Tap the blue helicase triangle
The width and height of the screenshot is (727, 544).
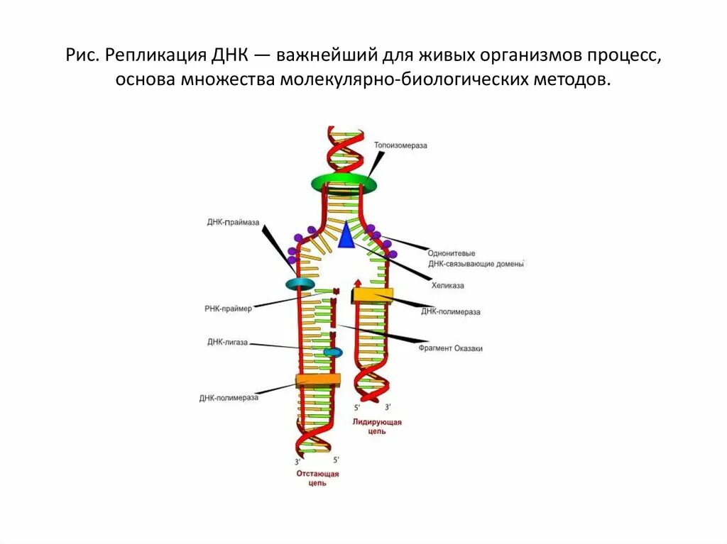click(x=346, y=235)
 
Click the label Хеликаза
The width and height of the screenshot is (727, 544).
click(x=448, y=285)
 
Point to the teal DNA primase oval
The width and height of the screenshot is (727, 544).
click(x=300, y=284)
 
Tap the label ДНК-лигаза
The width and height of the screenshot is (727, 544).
click(x=227, y=342)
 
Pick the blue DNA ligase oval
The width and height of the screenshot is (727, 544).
click(x=332, y=352)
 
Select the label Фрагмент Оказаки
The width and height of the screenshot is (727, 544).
click(x=449, y=349)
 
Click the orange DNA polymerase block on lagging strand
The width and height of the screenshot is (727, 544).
click(x=317, y=381)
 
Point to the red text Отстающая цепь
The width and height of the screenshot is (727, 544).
click(x=317, y=478)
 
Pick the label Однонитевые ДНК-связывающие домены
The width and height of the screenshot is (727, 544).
click(x=476, y=258)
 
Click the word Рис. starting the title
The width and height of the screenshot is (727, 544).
click(x=82, y=55)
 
